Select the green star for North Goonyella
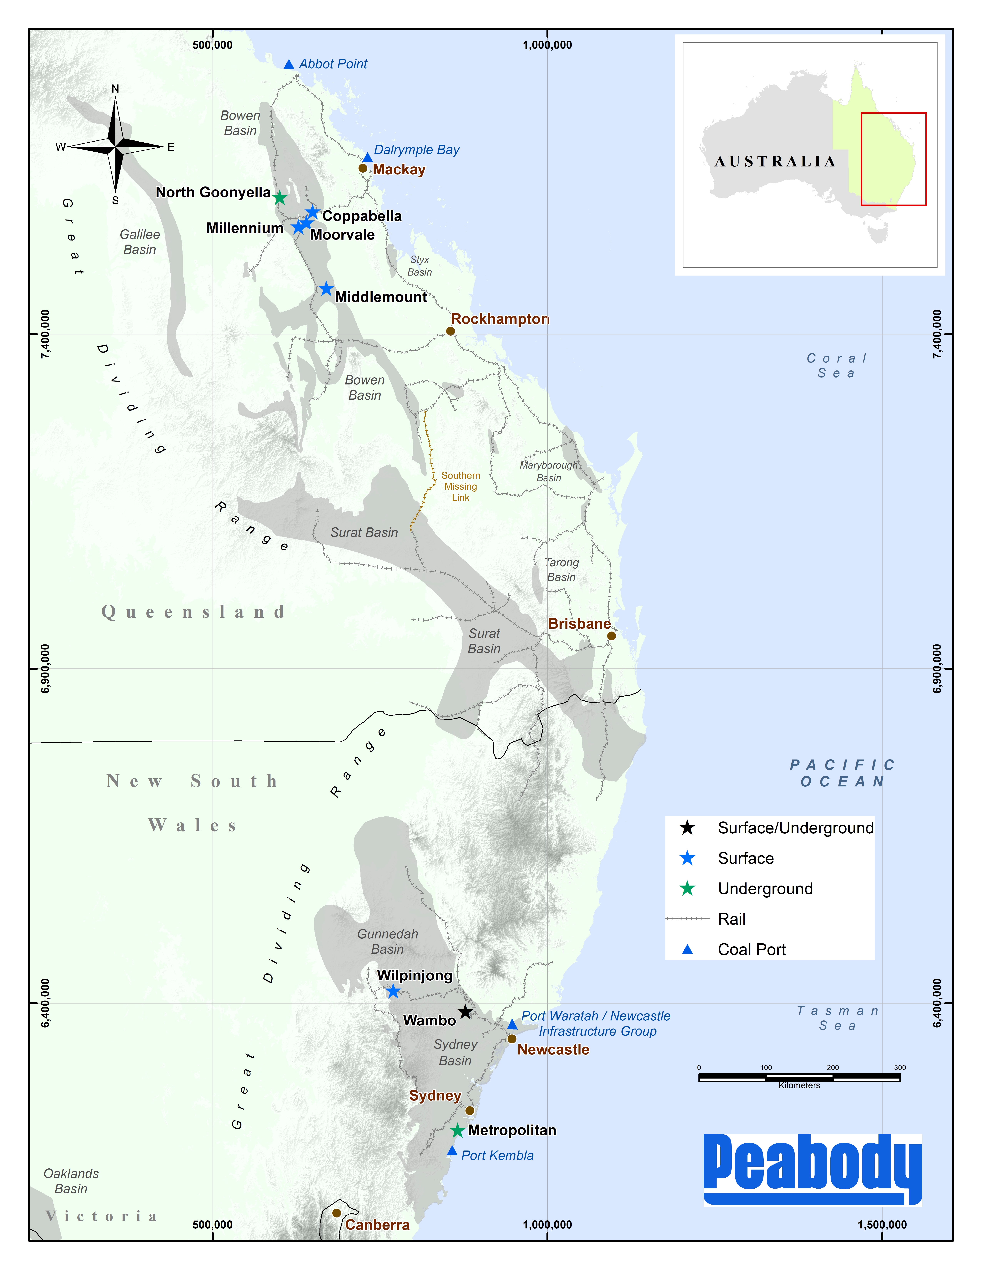[x=279, y=198]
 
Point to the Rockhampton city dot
[x=450, y=331]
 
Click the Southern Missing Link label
[x=460, y=486]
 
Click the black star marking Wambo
[x=465, y=1012]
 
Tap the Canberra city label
[x=377, y=1225]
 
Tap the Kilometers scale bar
[x=799, y=1078]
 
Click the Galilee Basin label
[x=139, y=242]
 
